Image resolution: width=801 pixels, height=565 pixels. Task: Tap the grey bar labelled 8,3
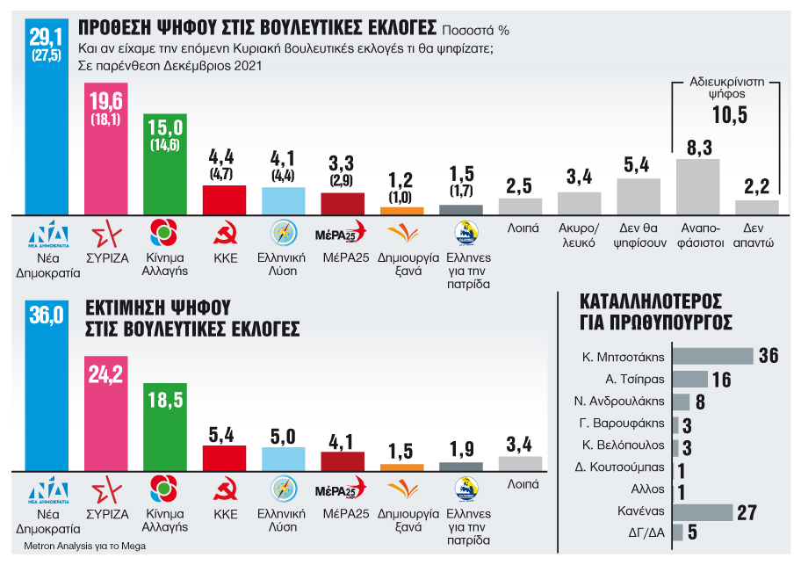click(697, 185)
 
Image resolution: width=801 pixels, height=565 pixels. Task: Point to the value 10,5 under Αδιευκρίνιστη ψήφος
click(728, 115)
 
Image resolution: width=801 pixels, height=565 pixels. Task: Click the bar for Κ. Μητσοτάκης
click(712, 356)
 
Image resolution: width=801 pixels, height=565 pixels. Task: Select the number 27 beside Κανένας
click(747, 512)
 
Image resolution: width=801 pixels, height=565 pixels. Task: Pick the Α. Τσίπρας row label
click(632, 380)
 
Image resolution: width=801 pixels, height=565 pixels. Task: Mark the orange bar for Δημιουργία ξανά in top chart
click(401, 211)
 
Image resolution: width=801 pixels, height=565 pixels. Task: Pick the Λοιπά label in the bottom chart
click(520, 483)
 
